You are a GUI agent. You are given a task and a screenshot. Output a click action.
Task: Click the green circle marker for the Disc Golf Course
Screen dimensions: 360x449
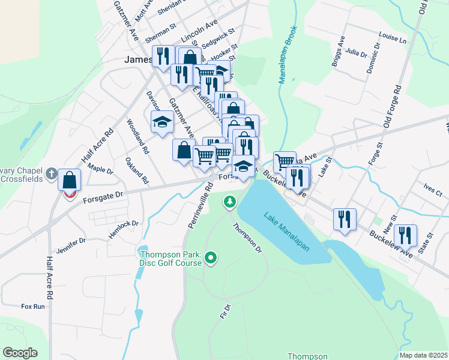tap(210, 259)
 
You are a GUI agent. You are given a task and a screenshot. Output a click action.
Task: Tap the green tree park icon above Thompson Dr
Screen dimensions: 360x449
tap(229, 202)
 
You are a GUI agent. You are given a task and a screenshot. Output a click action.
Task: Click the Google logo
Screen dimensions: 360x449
tap(20, 353)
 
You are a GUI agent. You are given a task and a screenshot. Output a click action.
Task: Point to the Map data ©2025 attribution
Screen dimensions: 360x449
tap(424, 355)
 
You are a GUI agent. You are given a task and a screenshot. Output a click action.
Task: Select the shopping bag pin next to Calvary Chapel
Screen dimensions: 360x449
tap(70, 179)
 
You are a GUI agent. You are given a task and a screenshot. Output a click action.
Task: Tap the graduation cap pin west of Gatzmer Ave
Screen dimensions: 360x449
tap(161, 123)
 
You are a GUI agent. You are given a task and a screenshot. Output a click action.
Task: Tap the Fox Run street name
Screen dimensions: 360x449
tap(33, 307)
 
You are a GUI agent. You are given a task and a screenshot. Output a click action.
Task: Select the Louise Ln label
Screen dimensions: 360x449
tap(393, 38)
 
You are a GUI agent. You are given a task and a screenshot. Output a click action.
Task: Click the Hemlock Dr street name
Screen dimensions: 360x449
tap(123, 227)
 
